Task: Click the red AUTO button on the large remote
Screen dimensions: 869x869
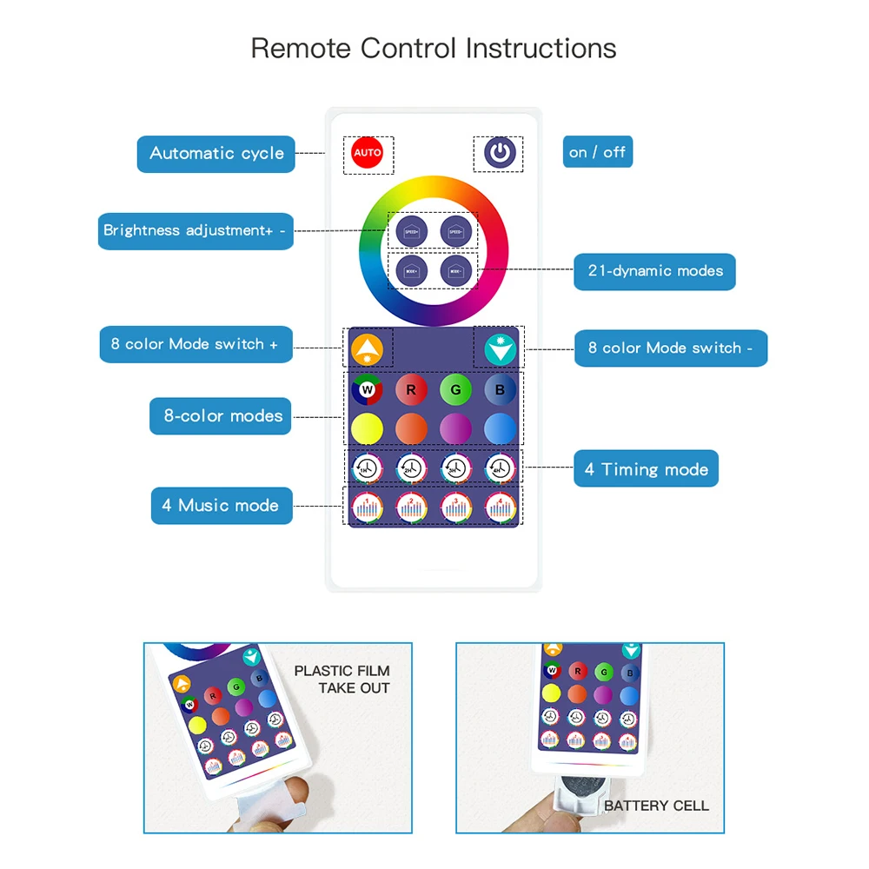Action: pos(368,153)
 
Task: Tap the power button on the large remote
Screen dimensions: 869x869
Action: pos(499,153)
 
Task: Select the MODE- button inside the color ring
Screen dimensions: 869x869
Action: pos(455,270)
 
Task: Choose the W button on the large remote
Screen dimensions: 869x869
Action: pos(368,390)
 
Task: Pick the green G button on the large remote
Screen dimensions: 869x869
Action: pos(455,390)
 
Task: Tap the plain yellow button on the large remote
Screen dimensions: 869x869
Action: pos(368,428)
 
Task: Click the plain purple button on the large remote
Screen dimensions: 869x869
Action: pos(455,428)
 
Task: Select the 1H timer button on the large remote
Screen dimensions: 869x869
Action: pos(368,468)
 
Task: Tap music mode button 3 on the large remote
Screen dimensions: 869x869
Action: pos(455,505)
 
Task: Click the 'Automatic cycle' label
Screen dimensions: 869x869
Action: pos(216,154)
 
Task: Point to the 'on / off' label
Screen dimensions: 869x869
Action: pos(597,153)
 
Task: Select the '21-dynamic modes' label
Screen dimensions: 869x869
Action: pos(655,271)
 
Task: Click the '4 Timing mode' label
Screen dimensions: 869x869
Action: pos(646,469)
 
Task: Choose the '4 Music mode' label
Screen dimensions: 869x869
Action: pos(220,506)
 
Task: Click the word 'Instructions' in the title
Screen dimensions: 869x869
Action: pos(541,48)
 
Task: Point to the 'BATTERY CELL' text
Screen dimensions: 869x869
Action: pos(656,806)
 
